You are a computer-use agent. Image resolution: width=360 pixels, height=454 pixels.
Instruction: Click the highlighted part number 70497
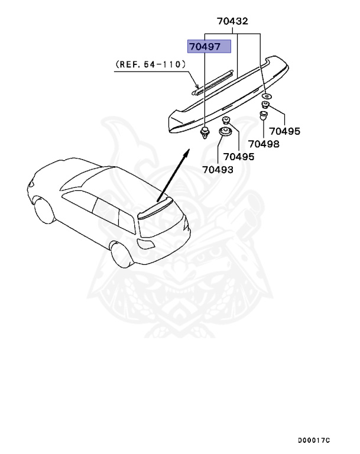(x=208, y=46)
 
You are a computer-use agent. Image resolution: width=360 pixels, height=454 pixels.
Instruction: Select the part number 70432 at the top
(x=232, y=21)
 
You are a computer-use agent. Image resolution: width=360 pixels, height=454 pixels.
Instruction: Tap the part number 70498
(x=264, y=143)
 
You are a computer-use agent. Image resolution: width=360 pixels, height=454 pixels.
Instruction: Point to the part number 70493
(x=218, y=170)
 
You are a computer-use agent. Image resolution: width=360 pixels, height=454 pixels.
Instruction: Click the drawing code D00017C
(x=314, y=440)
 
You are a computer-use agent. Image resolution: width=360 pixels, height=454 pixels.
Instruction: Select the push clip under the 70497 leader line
(x=205, y=133)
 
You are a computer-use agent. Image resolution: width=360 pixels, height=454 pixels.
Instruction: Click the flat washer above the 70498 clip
(x=267, y=96)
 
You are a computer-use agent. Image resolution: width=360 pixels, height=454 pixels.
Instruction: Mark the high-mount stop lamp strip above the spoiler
(x=216, y=80)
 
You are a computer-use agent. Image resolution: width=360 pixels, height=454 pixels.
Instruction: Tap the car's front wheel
(x=43, y=211)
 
